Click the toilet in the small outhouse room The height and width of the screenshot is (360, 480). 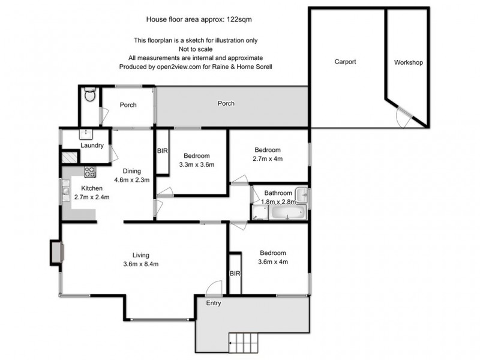(x=89, y=95)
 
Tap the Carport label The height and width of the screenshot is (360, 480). (x=345, y=62)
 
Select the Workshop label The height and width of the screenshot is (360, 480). (x=409, y=62)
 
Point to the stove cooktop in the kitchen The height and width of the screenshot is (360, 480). (x=89, y=172)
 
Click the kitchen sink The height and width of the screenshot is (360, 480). (x=65, y=192)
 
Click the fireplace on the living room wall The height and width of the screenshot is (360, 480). (x=56, y=252)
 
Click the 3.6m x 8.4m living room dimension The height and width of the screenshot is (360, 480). (x=142, y=263)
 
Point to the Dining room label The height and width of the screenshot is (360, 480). (x=131, y=170)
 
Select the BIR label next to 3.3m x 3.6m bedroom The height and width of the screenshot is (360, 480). (x=162, y=151)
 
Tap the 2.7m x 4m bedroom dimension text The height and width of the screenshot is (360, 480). (x=268, y=159)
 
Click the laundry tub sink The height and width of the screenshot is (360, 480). (x=86, y=133)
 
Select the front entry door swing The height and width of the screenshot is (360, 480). (x=214, y=289)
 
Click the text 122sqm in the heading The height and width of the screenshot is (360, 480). (x=239, y=19)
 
